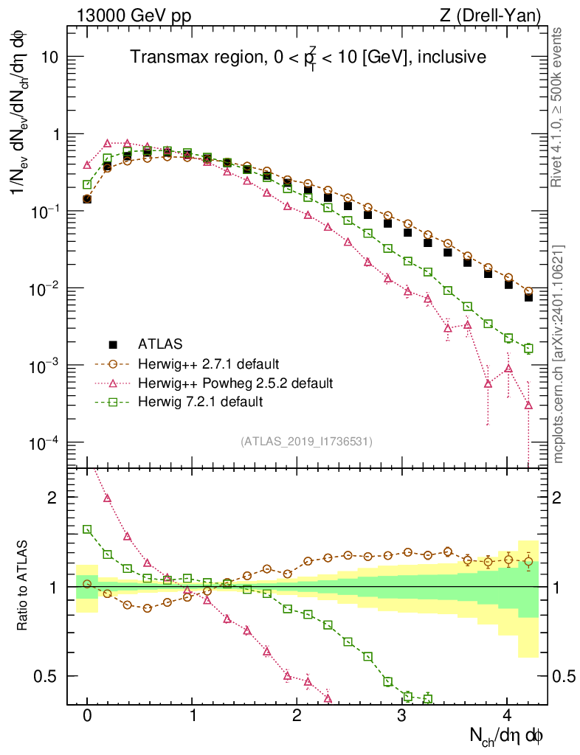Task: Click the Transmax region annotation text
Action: [x=308, y=58]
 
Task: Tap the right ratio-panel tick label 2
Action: [x=561, y=498]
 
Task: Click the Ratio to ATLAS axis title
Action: [x=24, y=587]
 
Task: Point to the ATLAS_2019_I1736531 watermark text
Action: [x=306, y=442]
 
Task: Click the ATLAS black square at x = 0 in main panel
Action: [x=87, y=199]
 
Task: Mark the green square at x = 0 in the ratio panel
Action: [x=87, y=529]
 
